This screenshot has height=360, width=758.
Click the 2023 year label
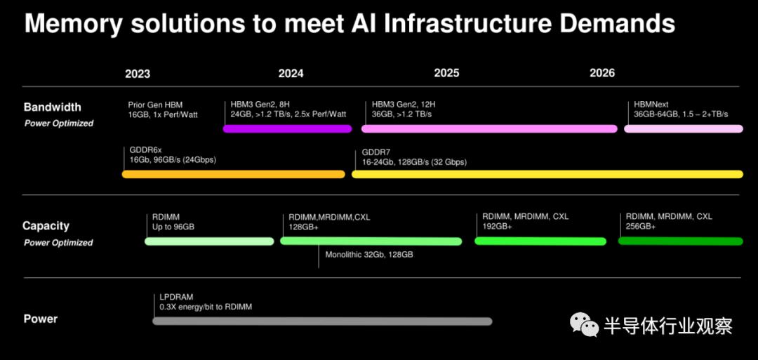click(x=138, y=74)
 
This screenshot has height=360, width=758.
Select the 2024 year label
click(x=291, y=74)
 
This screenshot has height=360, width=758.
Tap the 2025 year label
click(x=446, y=73)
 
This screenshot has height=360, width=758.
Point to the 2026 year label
click(x=602, y=72)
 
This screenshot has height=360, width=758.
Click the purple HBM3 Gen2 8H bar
click(x=287, y=128)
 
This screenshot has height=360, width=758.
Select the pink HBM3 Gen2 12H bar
click(x=489, y=128)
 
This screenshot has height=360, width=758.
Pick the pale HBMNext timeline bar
click(x=684, y=128)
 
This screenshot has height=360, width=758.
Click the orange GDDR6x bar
click(x=234, y=174)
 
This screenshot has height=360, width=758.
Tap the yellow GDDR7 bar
click(x=547, y=174)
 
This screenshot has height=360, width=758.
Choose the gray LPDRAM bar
click(x=322, y=321)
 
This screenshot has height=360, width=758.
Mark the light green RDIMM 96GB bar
click(x=209, y=241)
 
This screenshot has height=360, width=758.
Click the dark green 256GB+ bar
click(x=681, y=241)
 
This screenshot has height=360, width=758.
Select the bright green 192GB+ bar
click(x=540, y=241)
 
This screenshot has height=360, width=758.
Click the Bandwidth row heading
click(x=52, y=107)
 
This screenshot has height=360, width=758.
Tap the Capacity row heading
click(x=46, y=226)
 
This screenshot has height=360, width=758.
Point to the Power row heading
click(x=41, y=319)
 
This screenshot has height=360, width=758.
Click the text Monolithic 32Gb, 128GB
click(x=369, y=255)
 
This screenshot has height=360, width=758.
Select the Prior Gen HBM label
click(x=156, y=105)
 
